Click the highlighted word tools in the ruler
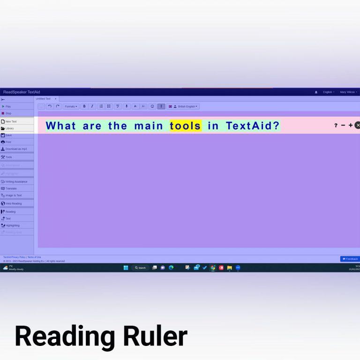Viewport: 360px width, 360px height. point(186,126)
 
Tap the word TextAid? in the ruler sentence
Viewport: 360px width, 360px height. point(253,126)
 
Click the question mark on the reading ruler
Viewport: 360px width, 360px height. point(336,126)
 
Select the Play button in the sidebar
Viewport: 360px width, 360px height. point(8,106)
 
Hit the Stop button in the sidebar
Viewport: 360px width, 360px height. point(8,113)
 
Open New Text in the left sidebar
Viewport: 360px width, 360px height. point(11,121)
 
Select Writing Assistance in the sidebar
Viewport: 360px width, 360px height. point(16,181)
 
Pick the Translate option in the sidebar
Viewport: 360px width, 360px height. point(11,188)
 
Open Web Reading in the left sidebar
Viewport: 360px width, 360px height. point(13,203)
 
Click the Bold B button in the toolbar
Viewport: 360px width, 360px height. point(84,106)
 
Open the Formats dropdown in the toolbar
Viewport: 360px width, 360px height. point(71,106)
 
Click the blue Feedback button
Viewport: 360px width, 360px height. point(350,259)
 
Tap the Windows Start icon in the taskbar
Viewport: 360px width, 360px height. point(126,268)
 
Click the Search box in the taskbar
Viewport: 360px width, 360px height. point(140,268)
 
